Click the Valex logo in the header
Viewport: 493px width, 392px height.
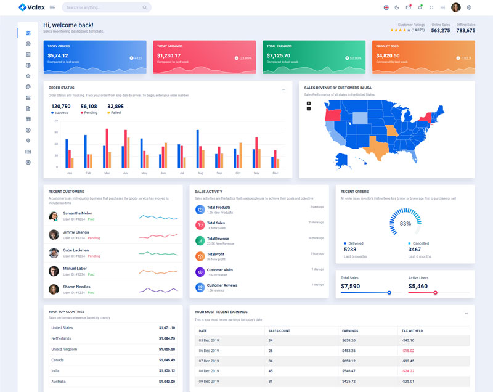click(x=30, y=7)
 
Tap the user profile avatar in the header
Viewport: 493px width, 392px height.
click(x=456, y=7)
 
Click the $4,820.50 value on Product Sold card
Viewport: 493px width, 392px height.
click(x=388, y=55)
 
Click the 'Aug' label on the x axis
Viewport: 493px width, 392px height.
click(x=200, y=173)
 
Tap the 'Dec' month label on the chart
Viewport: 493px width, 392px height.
click(x=275, y=173)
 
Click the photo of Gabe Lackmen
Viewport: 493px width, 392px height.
click(x=54, y=253)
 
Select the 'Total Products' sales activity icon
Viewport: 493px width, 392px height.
click(x=200, y=210)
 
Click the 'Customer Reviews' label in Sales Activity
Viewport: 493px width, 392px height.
click(x=222, y=285)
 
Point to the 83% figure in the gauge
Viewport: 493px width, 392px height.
click(x=405, y=223)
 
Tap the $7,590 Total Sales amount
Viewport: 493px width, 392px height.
click(x=350, y=286)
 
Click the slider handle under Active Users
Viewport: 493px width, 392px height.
click(x=436, y=293)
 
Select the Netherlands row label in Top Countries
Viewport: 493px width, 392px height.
click(x=61, y=338)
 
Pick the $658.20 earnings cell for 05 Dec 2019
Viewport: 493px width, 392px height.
click(x=349, y=340)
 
